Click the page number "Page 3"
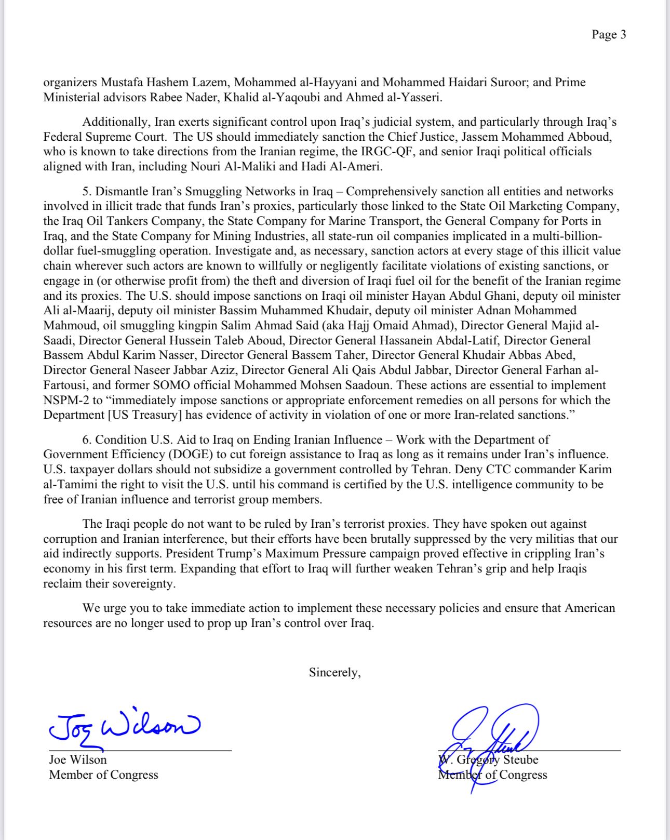point(608,35)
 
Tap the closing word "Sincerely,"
point(334,672)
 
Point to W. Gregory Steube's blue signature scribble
point(493,738)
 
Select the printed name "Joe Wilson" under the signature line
point(78,759)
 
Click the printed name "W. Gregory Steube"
point(488,759)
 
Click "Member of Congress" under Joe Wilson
point(103,775)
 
